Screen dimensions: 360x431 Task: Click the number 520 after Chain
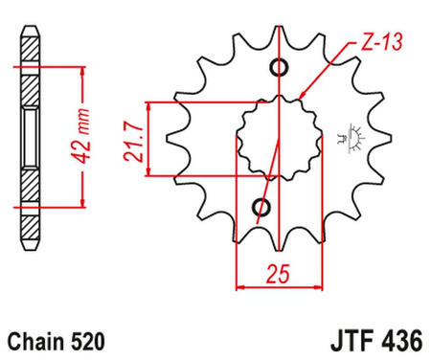click(x=88, y=340)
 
